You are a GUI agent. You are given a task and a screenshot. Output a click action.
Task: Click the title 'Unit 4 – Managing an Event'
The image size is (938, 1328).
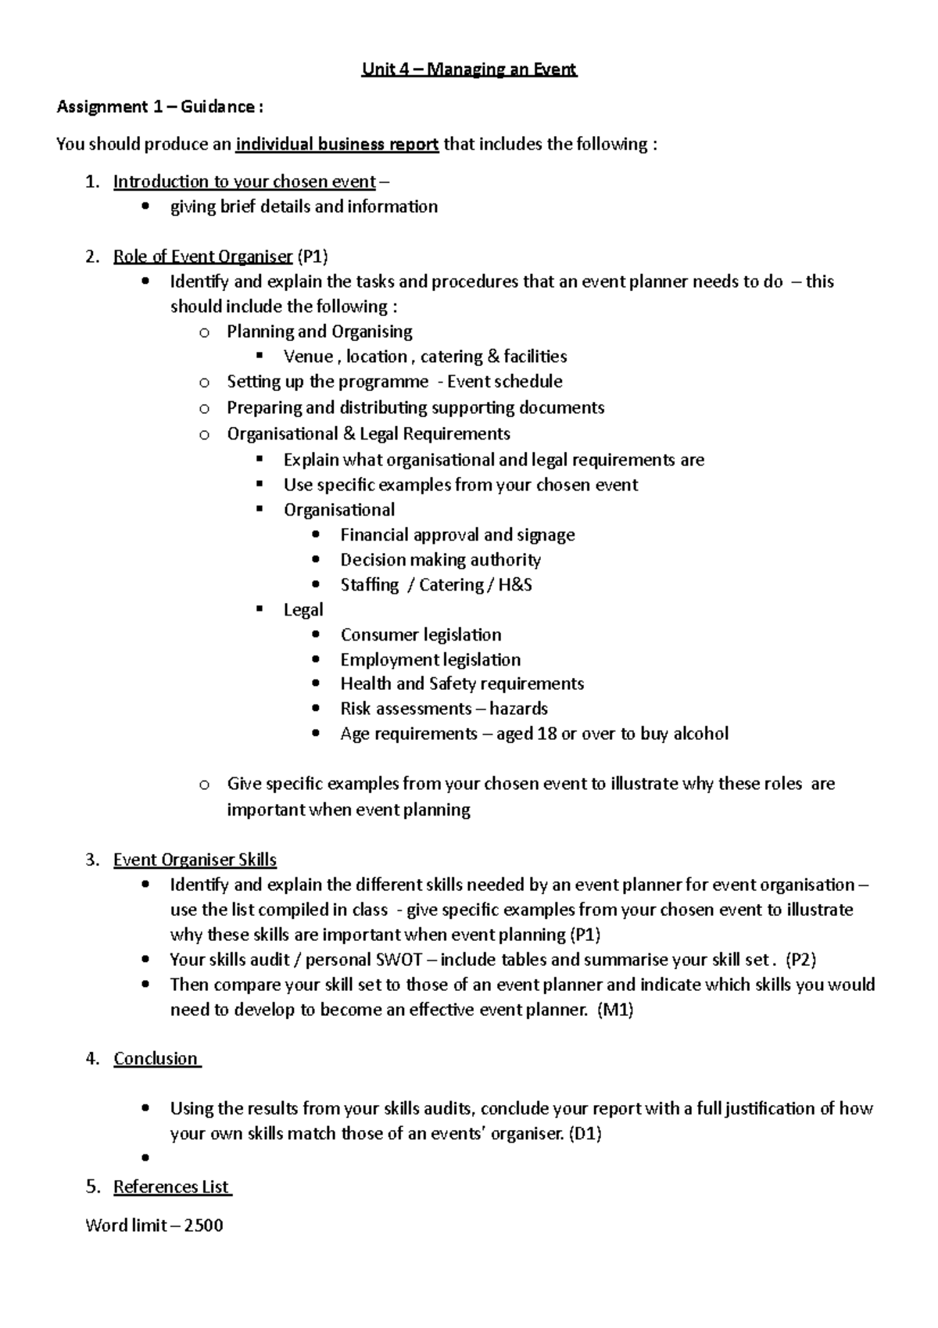[468, 70]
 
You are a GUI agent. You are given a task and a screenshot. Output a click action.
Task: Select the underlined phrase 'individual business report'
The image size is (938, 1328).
[337, 145]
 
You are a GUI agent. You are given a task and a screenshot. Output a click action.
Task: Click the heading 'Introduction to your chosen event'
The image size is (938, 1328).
[245, 182]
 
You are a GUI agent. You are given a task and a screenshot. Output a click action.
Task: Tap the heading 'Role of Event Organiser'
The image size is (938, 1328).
[203, 257]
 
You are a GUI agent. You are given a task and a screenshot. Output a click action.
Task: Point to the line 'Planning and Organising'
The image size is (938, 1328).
[319, 332]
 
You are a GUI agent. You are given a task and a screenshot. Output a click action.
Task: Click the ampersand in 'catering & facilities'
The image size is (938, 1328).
[492, 357]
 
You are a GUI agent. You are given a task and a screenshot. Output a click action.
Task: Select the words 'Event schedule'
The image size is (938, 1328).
[504, 382]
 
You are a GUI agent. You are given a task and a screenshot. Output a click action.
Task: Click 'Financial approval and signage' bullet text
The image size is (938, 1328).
[457, 535]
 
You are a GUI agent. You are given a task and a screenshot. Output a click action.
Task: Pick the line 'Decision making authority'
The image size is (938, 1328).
[440, 560]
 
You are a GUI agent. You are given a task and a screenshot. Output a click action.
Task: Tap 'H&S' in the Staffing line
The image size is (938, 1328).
[514, 585]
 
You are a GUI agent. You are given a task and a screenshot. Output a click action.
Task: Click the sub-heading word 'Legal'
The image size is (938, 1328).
[303, 610]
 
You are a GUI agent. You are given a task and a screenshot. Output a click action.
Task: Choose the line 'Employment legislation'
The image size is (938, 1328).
[430, 660]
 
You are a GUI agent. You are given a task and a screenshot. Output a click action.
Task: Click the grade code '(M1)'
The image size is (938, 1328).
[614, 1010]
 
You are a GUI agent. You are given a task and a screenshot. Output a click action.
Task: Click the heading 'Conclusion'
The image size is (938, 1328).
[156, 1059]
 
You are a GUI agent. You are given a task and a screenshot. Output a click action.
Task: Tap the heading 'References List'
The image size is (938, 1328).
[171, 1187]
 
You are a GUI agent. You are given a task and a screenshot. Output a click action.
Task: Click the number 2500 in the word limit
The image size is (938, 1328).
[204, 1226]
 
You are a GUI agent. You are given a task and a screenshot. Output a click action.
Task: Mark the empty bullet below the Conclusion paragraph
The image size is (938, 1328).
[145, 1158]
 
